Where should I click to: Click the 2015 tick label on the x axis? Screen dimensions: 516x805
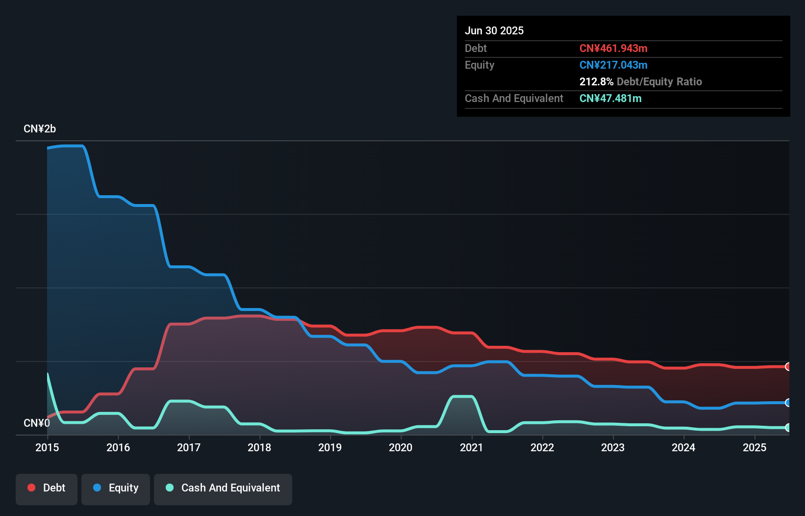[47, 447]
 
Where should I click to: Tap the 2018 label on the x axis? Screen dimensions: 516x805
[259, 447]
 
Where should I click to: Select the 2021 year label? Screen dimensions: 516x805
[471, 447]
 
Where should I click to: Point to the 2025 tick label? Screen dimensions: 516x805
[754, 447]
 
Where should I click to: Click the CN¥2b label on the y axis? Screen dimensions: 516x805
[40, 129]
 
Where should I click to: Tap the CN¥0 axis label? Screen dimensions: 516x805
[36, 423]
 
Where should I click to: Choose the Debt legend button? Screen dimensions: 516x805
[47, 488]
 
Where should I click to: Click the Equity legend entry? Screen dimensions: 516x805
[116, 488]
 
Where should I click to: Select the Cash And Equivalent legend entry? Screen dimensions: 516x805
[223, 488]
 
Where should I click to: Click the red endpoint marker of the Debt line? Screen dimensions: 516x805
[788, 366]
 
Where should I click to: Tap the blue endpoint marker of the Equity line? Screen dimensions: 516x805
[788, 403]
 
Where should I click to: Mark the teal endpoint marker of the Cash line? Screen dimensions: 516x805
[788, 428]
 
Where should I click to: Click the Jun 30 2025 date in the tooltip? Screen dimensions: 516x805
[494, 30]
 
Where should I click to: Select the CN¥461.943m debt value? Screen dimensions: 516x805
[613, 48]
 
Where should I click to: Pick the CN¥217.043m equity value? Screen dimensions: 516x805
[613, 65]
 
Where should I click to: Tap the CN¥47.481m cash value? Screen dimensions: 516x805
[610, 98]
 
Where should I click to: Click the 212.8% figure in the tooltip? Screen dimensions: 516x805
[596, 81]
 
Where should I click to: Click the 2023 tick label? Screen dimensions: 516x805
[613, 447]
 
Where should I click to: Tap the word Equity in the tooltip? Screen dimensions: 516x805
[479, 65]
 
